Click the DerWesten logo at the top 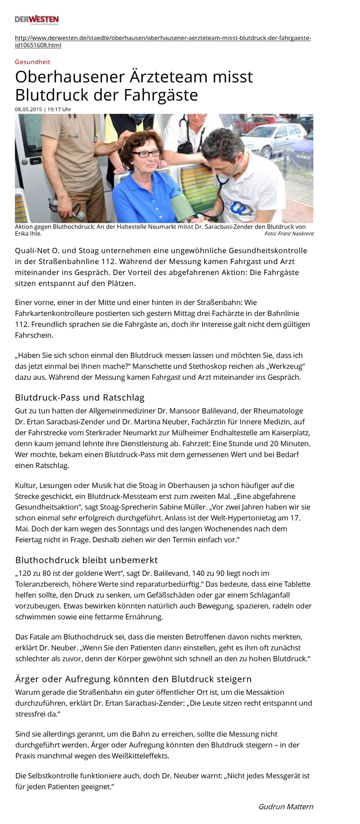tap(36, 20)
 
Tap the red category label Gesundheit tap(32, 62)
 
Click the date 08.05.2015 tap(28, 109)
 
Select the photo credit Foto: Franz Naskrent tap(288, 234)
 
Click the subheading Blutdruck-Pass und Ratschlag tap(80, 397)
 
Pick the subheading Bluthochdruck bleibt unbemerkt tap(86, 560)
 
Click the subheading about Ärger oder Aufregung tap(133, 679)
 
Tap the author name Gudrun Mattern tap(286, 806)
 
